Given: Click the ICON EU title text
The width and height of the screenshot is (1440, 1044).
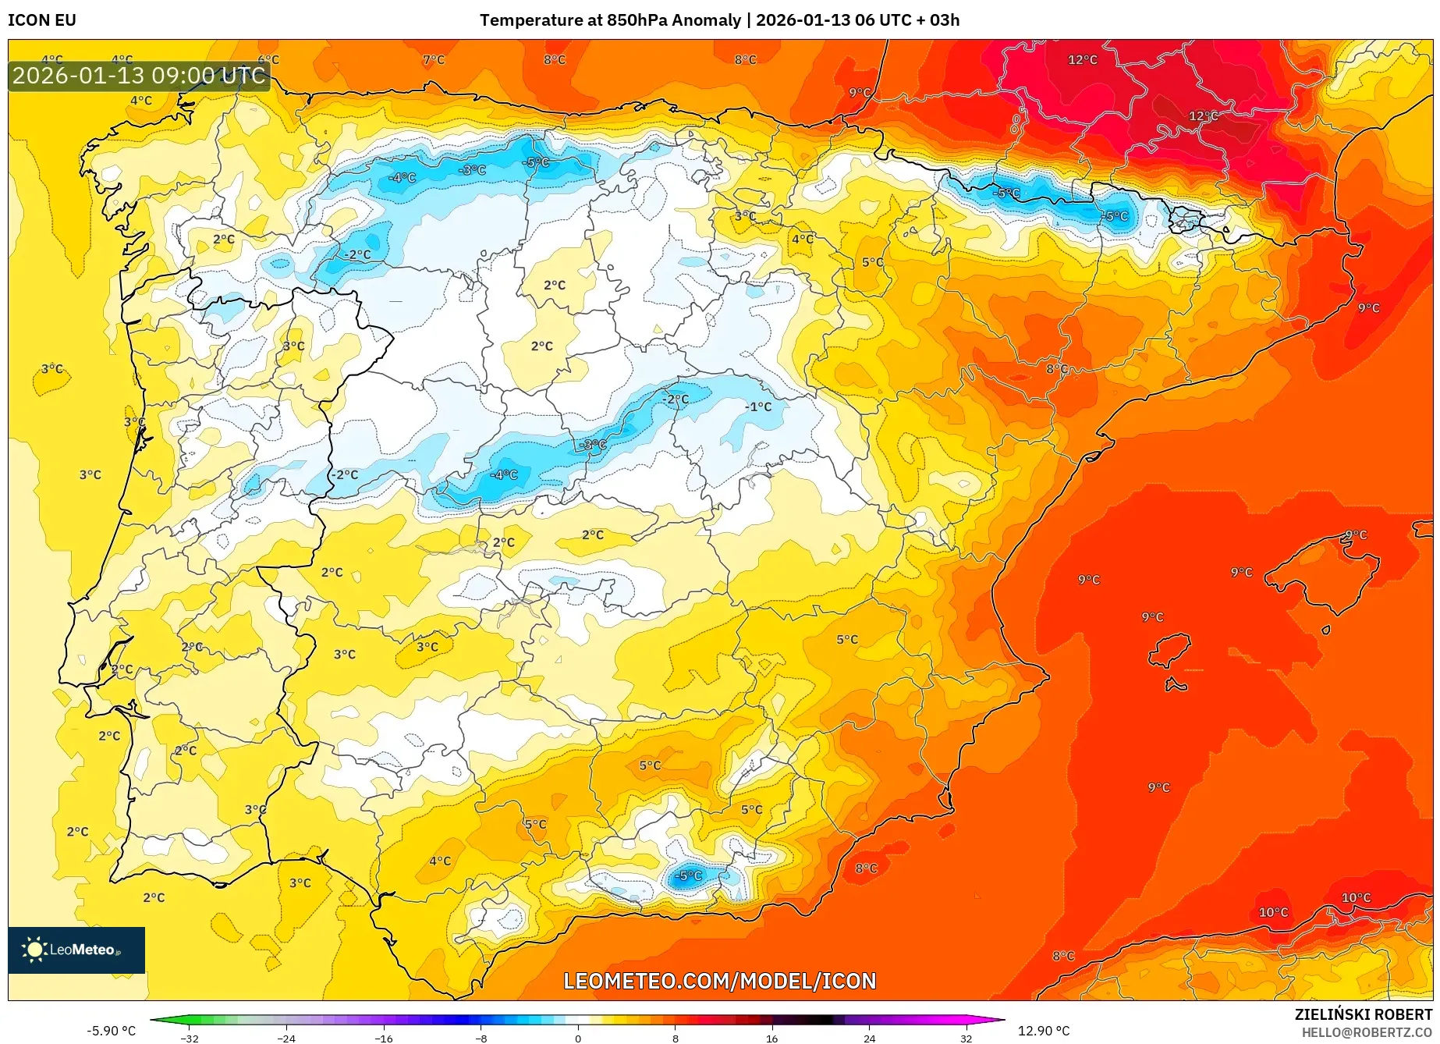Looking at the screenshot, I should pyautogui.click(x=42, y=20).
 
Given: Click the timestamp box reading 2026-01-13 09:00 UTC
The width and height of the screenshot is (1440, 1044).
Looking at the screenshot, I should pyautogui.click(x=139, y=76).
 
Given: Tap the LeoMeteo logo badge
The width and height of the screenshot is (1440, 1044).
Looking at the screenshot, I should pyautogui.click(x=76, y=950).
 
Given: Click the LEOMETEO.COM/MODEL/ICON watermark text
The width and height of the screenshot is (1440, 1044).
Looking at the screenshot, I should pyautogui.click(x=719, y=981).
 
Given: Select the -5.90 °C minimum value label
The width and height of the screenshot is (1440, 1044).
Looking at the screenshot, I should pyautogui.click(x=111, y=1031).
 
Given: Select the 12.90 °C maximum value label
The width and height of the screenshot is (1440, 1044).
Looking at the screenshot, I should pyautogui.click(x=1044, y=1031).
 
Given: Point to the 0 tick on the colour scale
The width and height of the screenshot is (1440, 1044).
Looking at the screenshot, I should pyautogui.click(x=578, y=1038).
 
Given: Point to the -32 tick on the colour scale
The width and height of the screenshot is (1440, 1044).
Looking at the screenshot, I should pyautogui.click(x=190, y=1038).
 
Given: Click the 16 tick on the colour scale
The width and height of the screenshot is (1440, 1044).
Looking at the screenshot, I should pyautogui.click(x=771, y=1038).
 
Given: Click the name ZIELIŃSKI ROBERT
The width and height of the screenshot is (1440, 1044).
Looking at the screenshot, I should pyautogui.click(x=1364, y=1014).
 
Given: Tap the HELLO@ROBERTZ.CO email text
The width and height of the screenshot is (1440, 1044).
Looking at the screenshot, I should pyautogui.click(x=1367, y=1032).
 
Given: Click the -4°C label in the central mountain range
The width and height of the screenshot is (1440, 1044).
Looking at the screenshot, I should pyautogui.click(x=504, y=474).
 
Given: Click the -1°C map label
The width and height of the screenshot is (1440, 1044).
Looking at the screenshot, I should pyautogui.click(x=757, y=407).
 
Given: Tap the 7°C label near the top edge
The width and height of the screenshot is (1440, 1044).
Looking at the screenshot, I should pyautogui.click(x=434, y=59).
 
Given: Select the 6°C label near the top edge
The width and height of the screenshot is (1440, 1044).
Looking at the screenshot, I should pyautogui.click(x=268, y=59).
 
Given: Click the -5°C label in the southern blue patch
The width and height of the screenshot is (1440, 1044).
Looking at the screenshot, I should pyautogui.click(x=689, y=875).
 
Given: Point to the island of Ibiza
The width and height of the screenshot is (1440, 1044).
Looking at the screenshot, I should pyautogui.click(x=1169, y=649).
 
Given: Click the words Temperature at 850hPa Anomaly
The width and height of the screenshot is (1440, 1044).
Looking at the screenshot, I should pyautogui.click(x=610, y=20).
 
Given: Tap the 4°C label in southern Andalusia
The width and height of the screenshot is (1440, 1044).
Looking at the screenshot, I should pyautogui.click(x=440, y=861).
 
